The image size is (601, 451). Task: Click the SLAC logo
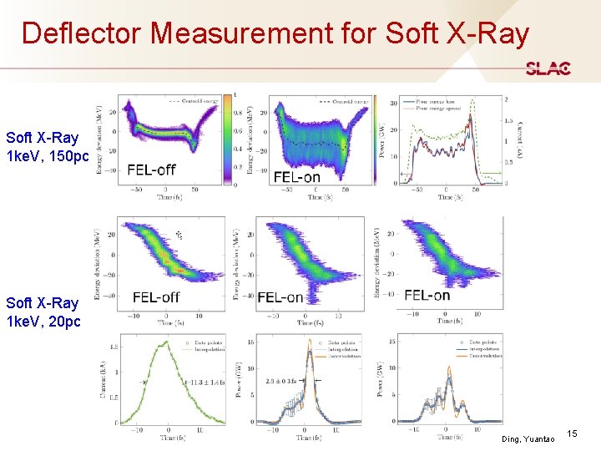pyautogui.click(x=548, y=68)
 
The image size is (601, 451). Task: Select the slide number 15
pyautogui.click(x=572, y=433)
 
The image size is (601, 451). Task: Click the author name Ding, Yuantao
pyautogui.click(x=528, y=438)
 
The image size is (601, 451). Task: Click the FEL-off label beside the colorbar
pyautogui.click(x=151, y=170)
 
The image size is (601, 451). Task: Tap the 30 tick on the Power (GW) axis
pyautogui.click(x=395, y=104)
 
